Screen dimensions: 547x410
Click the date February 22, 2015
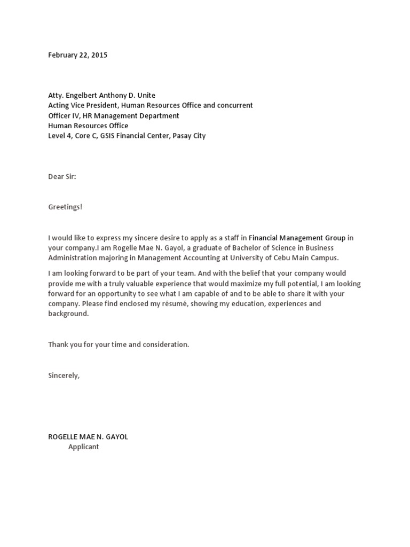[77, 55]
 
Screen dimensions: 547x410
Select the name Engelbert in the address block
[83, 96]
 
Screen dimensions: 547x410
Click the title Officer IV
[64, 116]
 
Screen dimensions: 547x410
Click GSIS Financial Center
[133, 136]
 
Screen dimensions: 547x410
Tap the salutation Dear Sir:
[62, 176]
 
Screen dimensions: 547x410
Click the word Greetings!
[65, 207]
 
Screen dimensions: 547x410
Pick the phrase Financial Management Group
[297, 238]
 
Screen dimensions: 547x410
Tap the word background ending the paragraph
[68, 314]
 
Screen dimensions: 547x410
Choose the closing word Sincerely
[64, 376]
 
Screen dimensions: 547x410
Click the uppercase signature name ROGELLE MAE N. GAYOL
[88, 437]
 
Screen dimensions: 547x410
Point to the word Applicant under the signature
[83, 447]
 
